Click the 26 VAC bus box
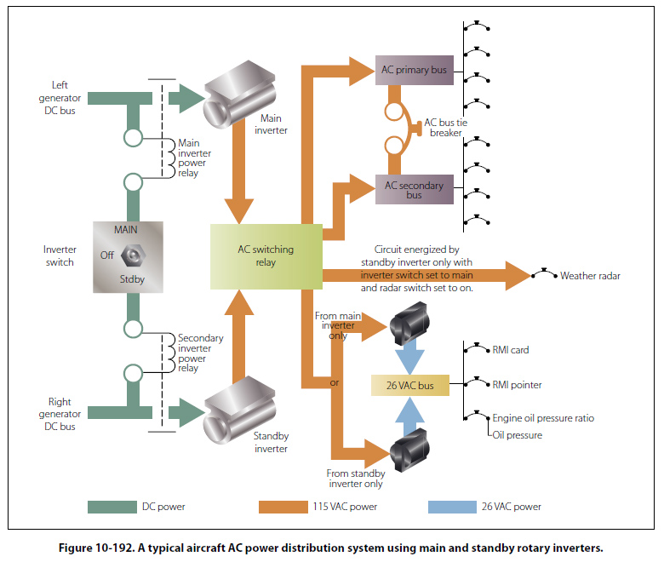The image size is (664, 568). pos(409,385)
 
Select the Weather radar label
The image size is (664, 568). pos(591,276)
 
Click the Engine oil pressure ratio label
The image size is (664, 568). pos(543,418)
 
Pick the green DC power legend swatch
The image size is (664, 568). pos(112,508)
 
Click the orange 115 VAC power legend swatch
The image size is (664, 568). pos(283,508)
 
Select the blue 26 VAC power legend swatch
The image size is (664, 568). pos(452,508)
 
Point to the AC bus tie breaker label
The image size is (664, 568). pos(444,128)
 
